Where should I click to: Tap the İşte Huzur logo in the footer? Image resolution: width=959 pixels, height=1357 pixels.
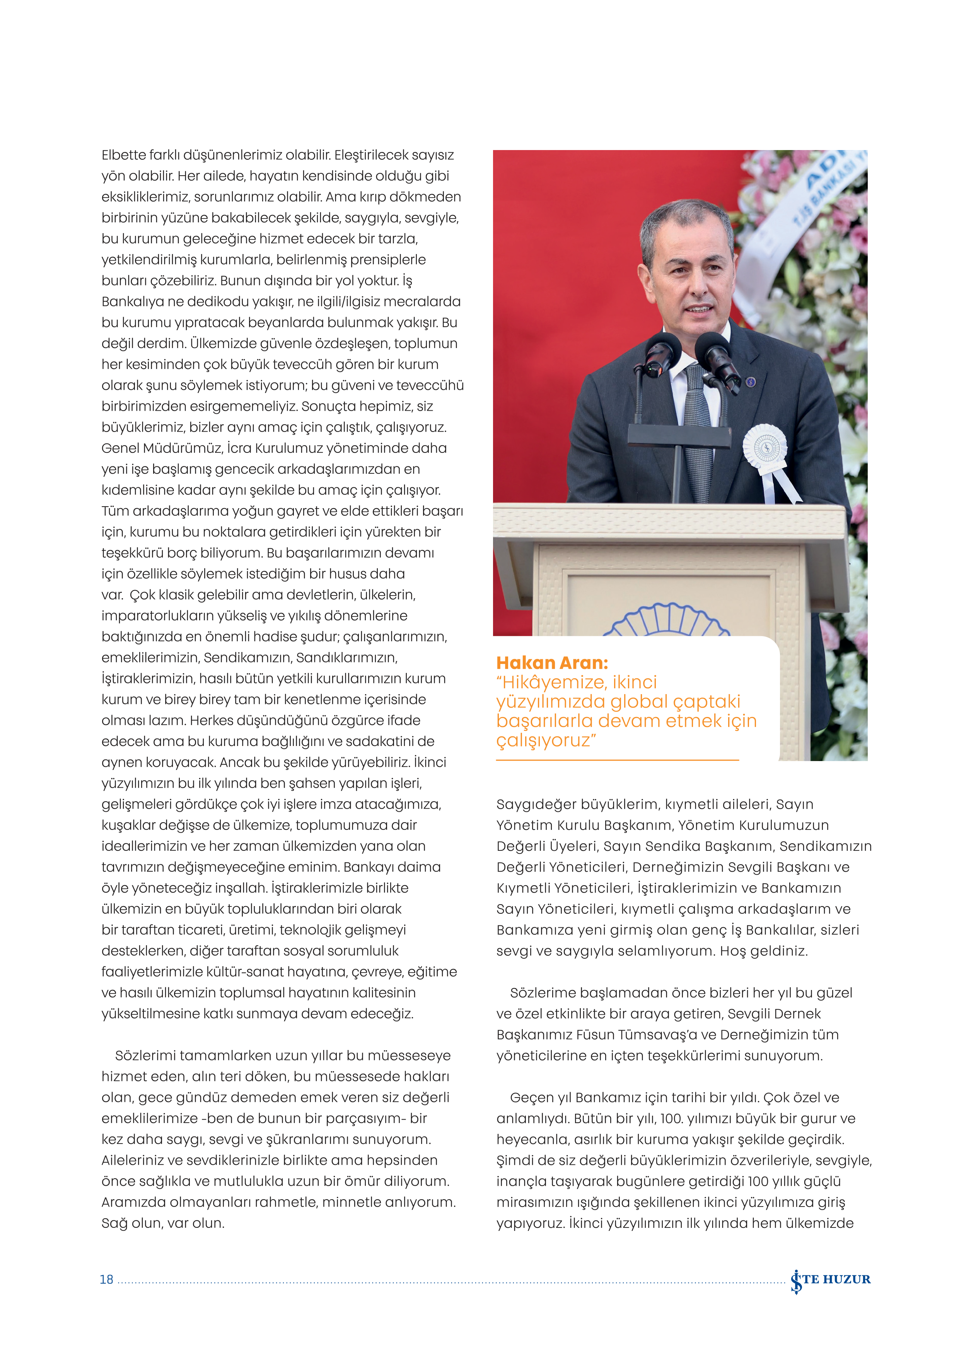tap(830, 1280)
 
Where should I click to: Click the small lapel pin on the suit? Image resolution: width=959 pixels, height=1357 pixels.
tap(751, 382)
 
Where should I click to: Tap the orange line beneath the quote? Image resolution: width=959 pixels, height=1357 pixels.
tap(618, 760)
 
